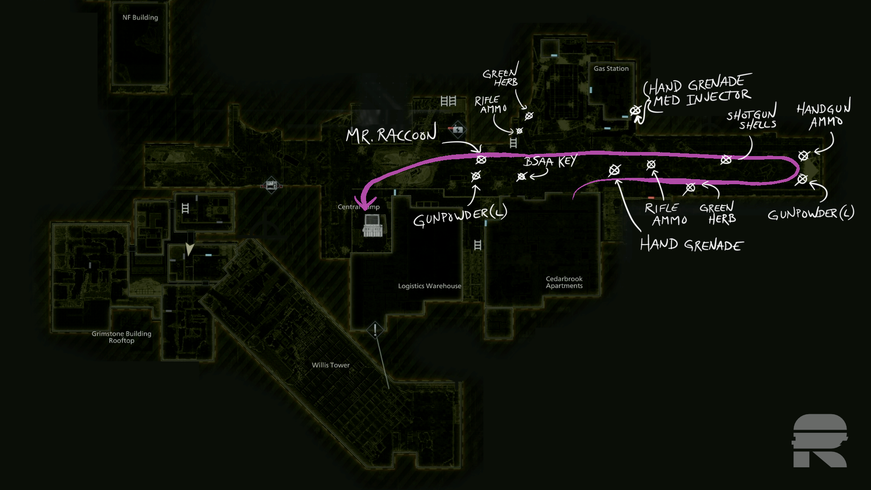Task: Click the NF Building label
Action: (x=140, y=18)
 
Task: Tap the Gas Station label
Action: (x=611, y=69)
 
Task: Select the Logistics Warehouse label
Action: (x=429, y=286)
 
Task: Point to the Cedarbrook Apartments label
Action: (x=564, y=282)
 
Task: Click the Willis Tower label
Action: (x=331, y=365)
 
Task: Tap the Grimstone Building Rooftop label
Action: (x=122, y=337)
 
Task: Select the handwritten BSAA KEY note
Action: (x=550, y=162)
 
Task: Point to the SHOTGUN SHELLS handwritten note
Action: (x=752, y=119)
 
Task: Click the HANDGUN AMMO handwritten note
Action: (x=823, y=115)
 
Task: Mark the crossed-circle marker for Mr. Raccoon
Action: (x=481, y=160)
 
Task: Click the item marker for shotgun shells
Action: (x=726, y=159)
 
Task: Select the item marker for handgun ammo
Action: (x=803, y=156)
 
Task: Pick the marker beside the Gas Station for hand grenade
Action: (x=635, y=110)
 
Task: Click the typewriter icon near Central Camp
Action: (x=372, y=225)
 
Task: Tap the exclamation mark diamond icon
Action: (x=375, y=330)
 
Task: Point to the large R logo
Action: (x=820, y=441)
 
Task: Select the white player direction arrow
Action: (x=190, y=249)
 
